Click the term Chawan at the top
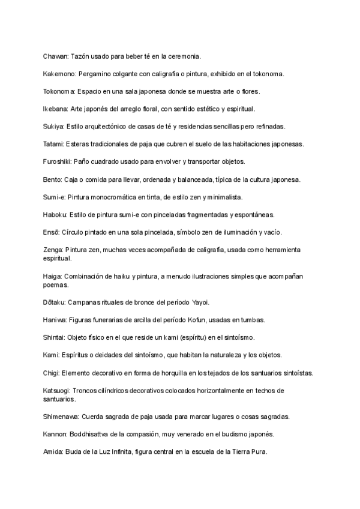[55, 56]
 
